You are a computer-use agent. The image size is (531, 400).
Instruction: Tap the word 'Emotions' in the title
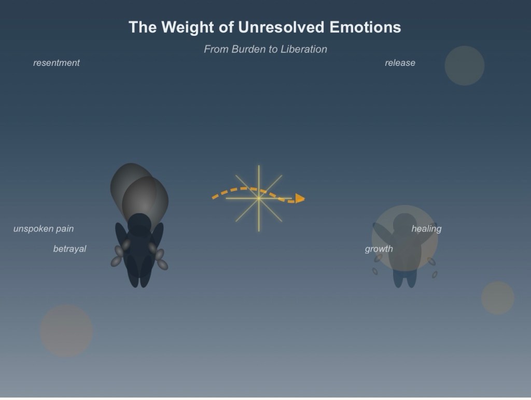(365, 27)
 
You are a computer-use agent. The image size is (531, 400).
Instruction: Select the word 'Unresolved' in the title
(281, 27)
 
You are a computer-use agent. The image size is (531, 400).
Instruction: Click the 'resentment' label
(56, 63)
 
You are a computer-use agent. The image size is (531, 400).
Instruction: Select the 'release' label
(400, 63)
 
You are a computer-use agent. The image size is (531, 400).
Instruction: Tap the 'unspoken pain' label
(44, 229)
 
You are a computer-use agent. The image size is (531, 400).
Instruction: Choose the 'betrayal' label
(69, 249)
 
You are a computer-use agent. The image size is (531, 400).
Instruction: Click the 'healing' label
(426, 229)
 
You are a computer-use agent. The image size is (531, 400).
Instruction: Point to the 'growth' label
(379, 249)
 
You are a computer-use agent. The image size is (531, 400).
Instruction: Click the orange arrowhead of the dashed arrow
(300, 199)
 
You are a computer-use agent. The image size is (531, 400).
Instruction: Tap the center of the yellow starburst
(259, 198)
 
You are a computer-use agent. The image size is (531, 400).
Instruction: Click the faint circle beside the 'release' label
(464, 66)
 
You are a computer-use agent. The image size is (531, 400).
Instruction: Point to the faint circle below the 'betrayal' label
(66, 330)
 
